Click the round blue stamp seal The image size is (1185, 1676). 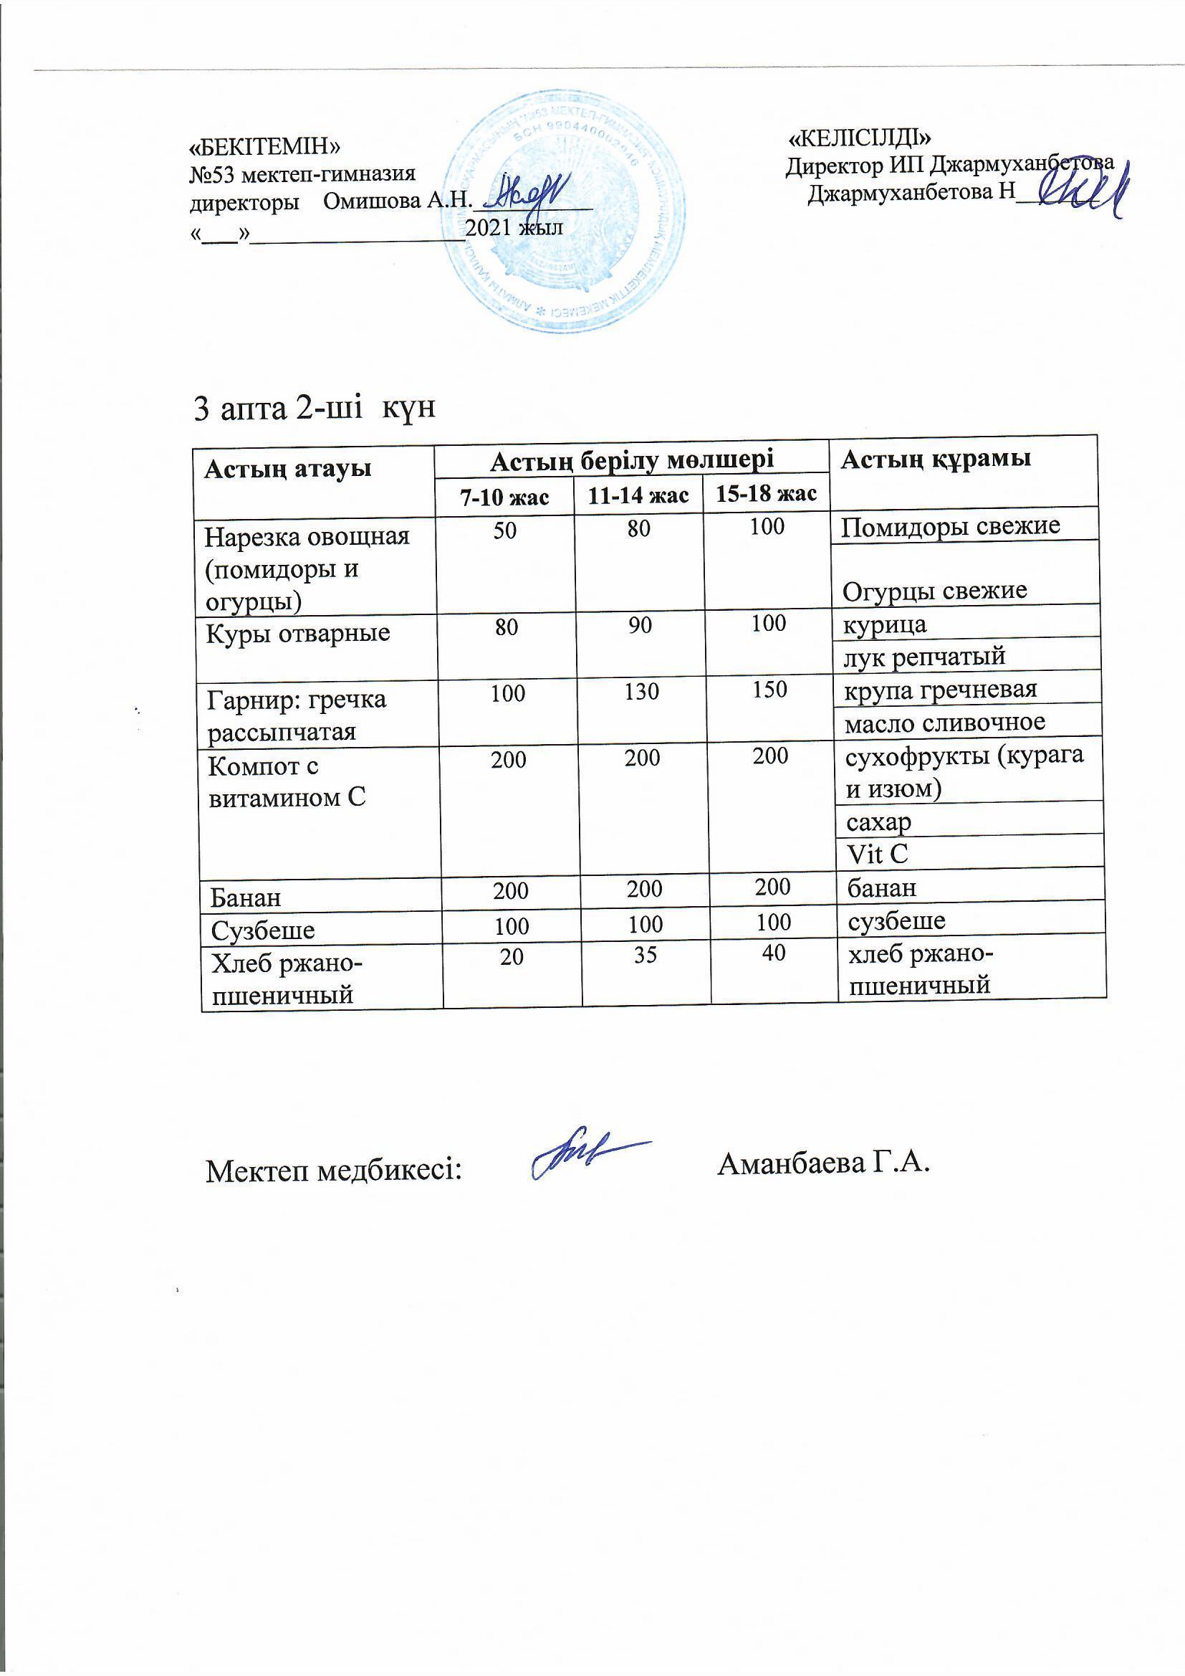[x=564, y=211]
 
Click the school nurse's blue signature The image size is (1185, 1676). [x=587, y=1160]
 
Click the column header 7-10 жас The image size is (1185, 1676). [x=504, y=497]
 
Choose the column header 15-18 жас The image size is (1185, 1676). [x=766, y=494]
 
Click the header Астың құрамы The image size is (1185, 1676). [x=936, y=460]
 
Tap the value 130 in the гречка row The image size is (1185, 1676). [x=641, y=691]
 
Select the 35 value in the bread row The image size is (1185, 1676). [x=645, y=954]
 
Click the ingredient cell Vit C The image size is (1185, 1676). [x=877, y=853]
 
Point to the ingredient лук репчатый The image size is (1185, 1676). [x=924, y=657]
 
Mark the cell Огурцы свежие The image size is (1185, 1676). [x=935, y=591]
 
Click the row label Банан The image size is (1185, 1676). [x=246, y=897]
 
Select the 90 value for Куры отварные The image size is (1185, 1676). [x=640, y=626]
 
